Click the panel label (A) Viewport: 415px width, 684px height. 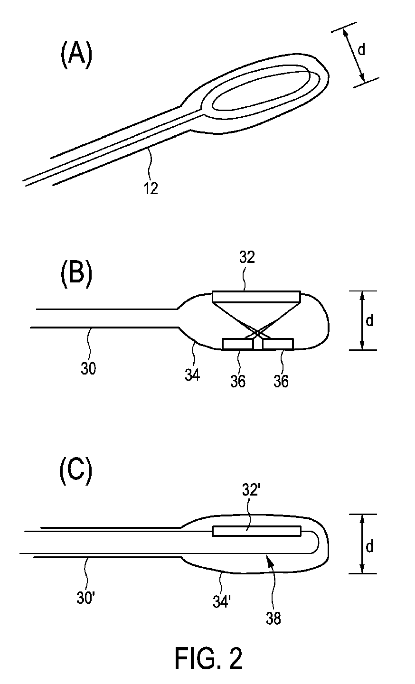pos(75,54)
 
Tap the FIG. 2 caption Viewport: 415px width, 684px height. pos(208,658)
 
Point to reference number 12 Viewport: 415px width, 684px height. pos(151,188)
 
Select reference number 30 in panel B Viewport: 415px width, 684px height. pos(88,368)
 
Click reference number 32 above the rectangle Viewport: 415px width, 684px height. pos(247,258)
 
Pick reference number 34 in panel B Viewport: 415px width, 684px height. pos(192,376)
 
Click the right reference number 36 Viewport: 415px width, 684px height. pos(281,381)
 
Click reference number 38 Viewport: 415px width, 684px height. pos(274,618)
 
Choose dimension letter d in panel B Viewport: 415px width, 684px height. pos(369,321)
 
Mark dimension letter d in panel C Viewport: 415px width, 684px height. pos(369,546)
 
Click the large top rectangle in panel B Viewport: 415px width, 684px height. pos(256,296)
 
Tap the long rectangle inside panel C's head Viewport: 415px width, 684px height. pos(257,531)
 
